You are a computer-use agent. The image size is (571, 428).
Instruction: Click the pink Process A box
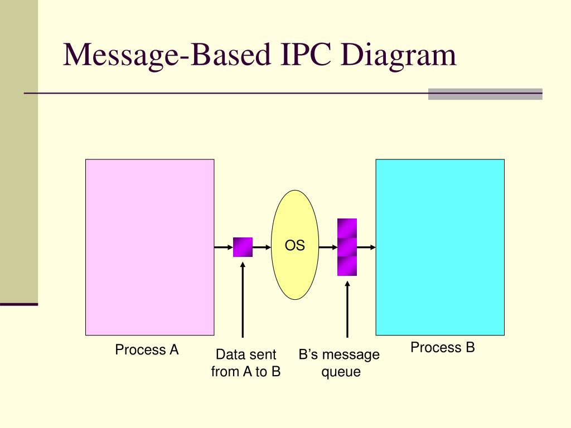(x=149, y=247)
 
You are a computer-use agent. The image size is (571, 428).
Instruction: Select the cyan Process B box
(x=440, y=247)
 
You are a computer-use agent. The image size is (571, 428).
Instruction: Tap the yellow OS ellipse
(x=295, y=267)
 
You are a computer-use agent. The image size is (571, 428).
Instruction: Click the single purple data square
(x=243, y=247)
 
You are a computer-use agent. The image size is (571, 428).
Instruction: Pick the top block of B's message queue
(x=347, y=228)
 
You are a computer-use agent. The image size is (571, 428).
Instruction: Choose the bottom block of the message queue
(x=347, y=266)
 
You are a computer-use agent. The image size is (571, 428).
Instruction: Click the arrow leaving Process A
(x=223, y=247)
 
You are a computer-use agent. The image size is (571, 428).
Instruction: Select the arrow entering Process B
(x=366, y=247)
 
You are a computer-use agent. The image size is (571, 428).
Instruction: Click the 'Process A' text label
(x=147, y=350)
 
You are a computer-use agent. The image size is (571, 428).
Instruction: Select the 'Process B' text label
(x=443, y=348)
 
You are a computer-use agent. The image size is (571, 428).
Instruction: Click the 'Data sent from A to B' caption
(x=245, y=363)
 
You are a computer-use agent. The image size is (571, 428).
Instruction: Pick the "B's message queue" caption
(x=339, y=363)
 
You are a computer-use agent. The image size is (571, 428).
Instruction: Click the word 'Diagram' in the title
(x=399, y=56)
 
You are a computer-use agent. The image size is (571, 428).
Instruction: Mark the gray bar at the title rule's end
(x=485, y=94)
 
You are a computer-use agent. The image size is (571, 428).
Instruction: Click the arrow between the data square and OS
(x=262, y=247)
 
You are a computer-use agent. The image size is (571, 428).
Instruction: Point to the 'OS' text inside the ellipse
(x=295, y=245)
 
